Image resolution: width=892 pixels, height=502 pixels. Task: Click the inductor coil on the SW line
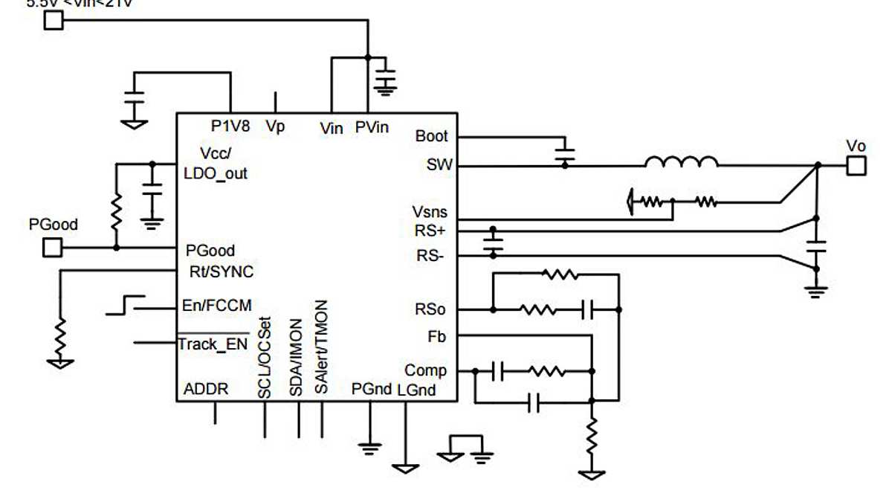pyautogui.click(x=681, y=162)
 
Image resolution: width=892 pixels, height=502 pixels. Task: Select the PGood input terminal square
pyautogui.click(x=52, y=247)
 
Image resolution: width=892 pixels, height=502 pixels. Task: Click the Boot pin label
pyautogui.click(x=432, y=136)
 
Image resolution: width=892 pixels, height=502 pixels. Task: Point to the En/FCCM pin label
pyautogui.click(x=216, y=306)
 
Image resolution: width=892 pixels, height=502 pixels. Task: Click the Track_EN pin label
pyautogui.click(x=213, y=344)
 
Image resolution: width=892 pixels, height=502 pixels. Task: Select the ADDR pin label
pyautogui.click(x=206, y=389)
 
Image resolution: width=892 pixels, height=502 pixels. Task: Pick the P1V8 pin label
pyautogui.click(x=230, y=126)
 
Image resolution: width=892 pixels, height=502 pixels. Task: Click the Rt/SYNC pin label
pyautogui.click(x=220, y=272)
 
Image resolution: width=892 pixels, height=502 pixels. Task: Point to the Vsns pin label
pyautogui.click(x=430, y=213)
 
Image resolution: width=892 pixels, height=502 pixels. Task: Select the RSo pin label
pyautogui.click(x=432, y=309)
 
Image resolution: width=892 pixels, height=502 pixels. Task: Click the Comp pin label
pyautogui.click(x=426, y=370)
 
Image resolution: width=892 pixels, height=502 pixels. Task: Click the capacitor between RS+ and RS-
pyautogui.click(x=492, y=243)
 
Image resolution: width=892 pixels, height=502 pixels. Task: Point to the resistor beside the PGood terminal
pyautogui.click(x=116, y=212)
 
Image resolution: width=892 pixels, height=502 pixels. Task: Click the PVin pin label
pyautogui.click(x=371, y=127)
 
